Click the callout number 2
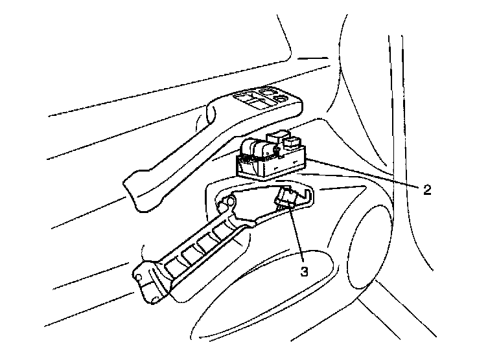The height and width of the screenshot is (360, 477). [x=427, y=190]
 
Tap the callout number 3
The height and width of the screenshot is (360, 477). [x=304, y=271]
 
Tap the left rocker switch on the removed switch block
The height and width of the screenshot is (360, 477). [x=250, y=149]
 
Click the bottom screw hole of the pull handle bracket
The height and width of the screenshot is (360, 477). [x=154, y=300]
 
